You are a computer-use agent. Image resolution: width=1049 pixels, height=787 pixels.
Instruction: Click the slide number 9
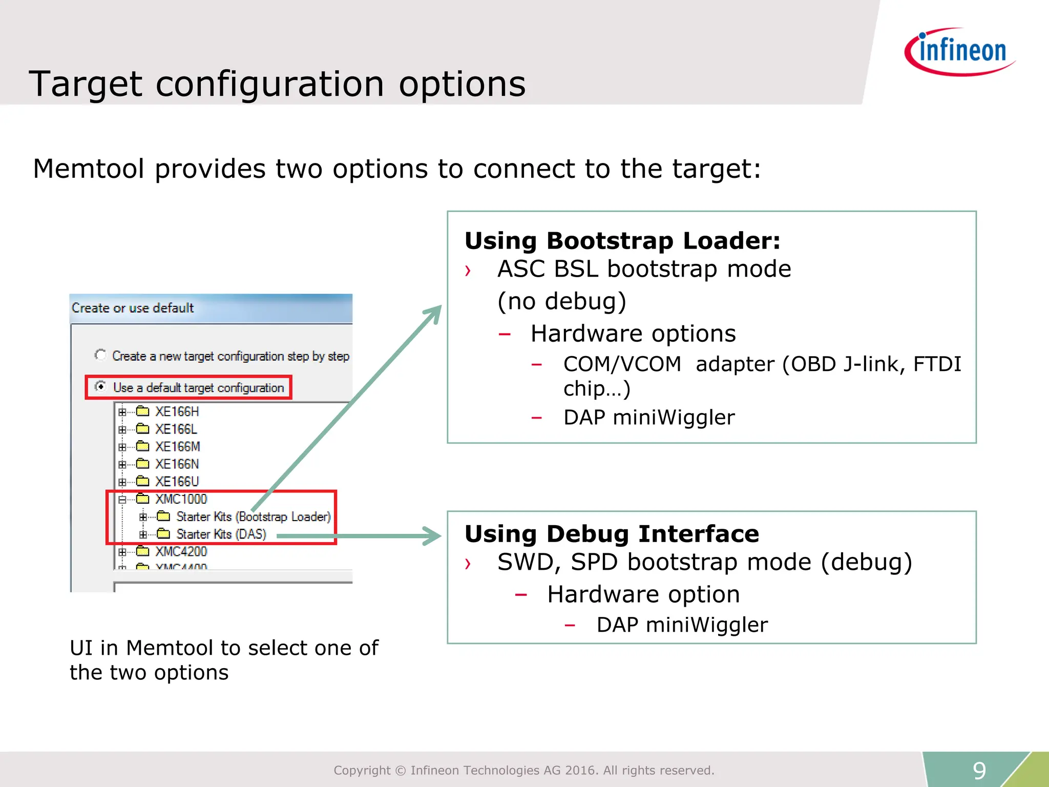[979, 770]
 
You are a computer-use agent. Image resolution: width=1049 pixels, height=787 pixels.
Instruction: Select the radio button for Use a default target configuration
[100, 386]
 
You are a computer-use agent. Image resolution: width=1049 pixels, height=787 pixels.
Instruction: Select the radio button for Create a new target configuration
[100, 355]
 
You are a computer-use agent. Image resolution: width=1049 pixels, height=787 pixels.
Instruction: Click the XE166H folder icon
[143, 411]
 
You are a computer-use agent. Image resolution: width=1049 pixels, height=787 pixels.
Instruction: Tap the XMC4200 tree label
[181, 551]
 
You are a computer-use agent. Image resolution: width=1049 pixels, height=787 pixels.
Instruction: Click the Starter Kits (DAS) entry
[221, 534]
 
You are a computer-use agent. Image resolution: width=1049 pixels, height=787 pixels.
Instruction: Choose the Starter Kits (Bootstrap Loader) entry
[253, 516]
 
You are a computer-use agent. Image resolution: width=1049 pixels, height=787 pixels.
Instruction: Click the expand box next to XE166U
[122, 482]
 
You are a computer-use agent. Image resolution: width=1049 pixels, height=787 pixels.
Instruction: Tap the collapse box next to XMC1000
[122, 500]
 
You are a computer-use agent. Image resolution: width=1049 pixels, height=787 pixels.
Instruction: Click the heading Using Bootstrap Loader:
[622, 241]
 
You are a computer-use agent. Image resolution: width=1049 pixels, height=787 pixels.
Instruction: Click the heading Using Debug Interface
[612, 534]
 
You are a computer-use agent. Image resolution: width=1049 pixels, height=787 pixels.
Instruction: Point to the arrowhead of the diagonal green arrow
[435, 310]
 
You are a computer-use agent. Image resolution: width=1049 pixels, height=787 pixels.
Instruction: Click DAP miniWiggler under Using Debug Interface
[682, 625]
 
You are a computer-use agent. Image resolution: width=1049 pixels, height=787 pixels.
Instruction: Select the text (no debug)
[562, 301]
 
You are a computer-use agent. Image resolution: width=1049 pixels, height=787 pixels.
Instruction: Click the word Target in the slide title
[85, 84]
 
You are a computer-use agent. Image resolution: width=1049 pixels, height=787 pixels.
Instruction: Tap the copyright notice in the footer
[523, 770]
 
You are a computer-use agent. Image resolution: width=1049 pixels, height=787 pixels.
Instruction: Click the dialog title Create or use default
[133, 308]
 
